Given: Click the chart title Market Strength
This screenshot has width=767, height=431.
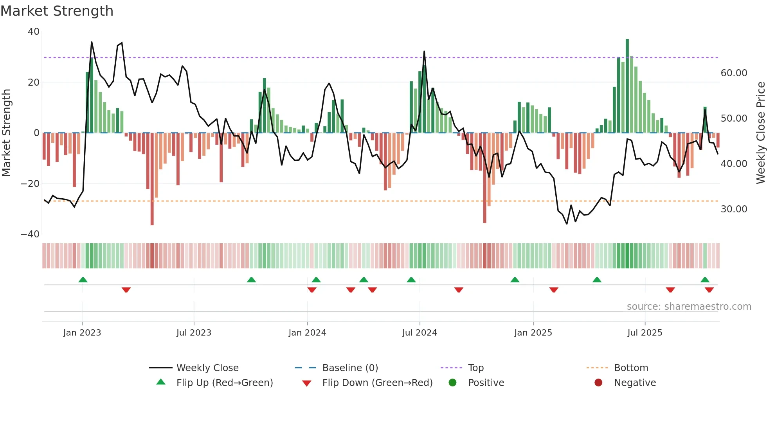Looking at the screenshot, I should pyautogui.click(x=57, y=11).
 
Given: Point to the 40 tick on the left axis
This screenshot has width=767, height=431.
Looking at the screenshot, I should pyautogui.click(x=34, y=32).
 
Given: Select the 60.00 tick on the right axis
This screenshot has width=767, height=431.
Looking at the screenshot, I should pyautogui.click(x=734, y=73).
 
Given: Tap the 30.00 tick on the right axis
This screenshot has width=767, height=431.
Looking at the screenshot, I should pyautogui.click(x=734, y=209).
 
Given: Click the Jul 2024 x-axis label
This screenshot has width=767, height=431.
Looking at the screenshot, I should pyautogui.click(x=419, y=333).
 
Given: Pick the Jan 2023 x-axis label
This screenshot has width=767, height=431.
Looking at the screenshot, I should pyautogui.click(x=82, y=333).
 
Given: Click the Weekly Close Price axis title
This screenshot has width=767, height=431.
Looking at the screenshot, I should pyautogui.click(x=760, y=133).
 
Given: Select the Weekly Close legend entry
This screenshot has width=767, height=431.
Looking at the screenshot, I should pyautogui.click(x=207, y=368).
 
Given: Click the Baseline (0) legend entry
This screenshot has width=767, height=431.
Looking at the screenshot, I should pyautogui.click(x=350, y=368).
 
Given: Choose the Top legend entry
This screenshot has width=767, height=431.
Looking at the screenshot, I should pyautogui.click(x=475, y=368).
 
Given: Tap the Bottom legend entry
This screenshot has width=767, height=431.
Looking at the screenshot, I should pyautogui.click(x=631, y=368).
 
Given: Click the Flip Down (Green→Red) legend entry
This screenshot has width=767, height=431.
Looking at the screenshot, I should pyautogui.click(x=377, y=383).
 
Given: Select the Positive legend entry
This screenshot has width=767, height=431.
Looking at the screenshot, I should pyautogui.click(x=486, y=383).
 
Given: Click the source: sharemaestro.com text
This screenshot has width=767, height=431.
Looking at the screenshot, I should pyautogui.click(x=689, y=307).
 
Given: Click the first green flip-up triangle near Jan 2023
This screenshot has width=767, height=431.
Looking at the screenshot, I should pyautogui.click(x=83, y=280).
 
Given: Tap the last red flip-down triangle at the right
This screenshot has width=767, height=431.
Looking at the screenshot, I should pyautogui.click(x=709, y=290).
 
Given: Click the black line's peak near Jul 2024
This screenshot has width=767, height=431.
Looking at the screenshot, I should pyautogui.click(x=424, y=52).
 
